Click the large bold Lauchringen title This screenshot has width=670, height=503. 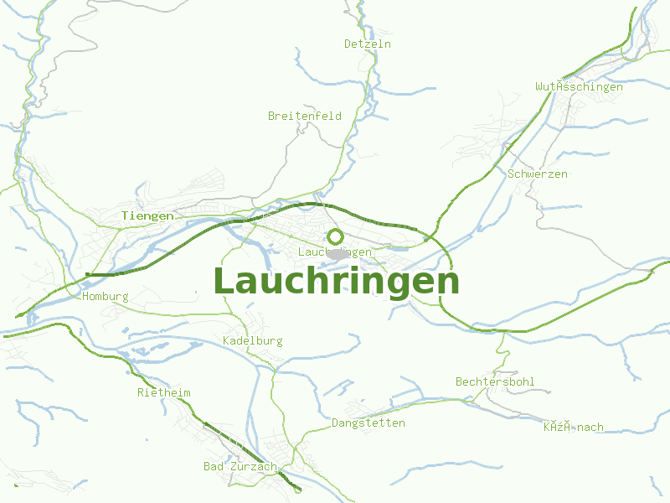tap(336, 282)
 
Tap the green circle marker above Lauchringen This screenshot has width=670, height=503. tap(335, 236)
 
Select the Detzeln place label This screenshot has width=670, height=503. tap(368, 44)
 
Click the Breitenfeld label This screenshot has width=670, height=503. tap(305, 116)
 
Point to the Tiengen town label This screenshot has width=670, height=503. tap(147, 215)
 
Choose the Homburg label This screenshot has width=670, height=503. tap(106, 296)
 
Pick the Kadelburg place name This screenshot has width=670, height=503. tap(253, 340)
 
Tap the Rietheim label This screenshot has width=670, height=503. tap(164, 392)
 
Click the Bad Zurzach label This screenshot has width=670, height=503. tap(240, 466)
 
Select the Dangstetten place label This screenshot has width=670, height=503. tap(368, 423)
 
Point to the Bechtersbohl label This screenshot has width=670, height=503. tap(495, 381)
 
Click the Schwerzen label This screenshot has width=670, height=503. tap(538, 174)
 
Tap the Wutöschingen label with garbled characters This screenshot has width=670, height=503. tap(579, 86)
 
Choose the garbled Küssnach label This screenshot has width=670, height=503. tap(573, 427)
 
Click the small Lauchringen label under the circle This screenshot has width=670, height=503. tap(335, 251)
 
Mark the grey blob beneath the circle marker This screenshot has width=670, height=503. tap(338, 252)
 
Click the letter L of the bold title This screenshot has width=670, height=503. tap(224, 282)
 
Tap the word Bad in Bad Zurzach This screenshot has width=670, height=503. tap(214, 466)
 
